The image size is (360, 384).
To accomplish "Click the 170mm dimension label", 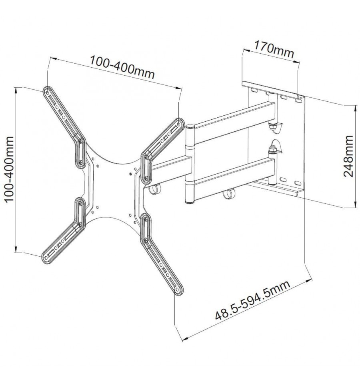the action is point(274,50).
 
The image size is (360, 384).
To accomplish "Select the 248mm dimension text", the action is point(348,156).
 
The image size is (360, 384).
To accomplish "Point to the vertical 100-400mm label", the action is point(10,169).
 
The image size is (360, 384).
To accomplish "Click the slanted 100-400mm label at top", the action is point(122,68).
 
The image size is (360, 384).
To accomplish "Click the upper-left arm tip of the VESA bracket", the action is point(47,91).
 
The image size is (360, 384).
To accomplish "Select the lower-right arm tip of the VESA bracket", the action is point(178,290).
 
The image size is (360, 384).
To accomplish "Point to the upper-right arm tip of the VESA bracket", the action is point(180,123).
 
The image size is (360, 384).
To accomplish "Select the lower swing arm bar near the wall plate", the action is point(234,178).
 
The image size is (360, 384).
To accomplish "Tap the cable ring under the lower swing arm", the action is point(228,193).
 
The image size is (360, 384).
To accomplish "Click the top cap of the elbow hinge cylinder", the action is point(190,127).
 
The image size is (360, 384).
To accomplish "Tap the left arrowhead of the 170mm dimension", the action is point(246,50).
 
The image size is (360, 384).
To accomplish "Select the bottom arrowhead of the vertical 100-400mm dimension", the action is point(16,249).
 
